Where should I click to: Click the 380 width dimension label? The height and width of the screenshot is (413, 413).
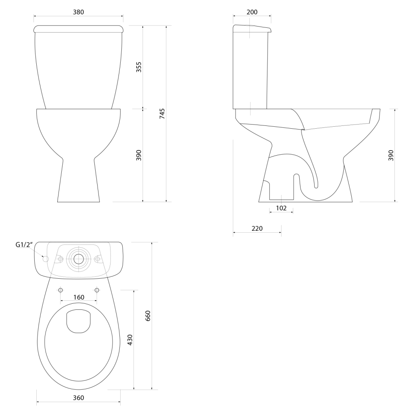[x=79, y=12]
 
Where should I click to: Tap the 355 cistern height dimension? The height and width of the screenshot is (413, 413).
[x=139, y=67]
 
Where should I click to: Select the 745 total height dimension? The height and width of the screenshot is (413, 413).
[x=162, y=113]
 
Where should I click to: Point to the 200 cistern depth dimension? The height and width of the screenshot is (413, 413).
[x=252, y=12]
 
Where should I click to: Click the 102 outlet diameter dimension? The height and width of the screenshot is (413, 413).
[x=281, y=208]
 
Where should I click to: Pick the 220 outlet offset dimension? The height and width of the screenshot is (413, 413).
[x=257, y=228]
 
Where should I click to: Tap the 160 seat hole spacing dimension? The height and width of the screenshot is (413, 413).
[x=79, y=297]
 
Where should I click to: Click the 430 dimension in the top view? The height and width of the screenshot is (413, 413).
[x=130, y=340]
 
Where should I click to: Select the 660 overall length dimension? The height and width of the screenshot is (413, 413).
[x=148, y=316]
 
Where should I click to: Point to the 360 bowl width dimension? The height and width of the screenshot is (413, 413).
[x=79, y=398]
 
